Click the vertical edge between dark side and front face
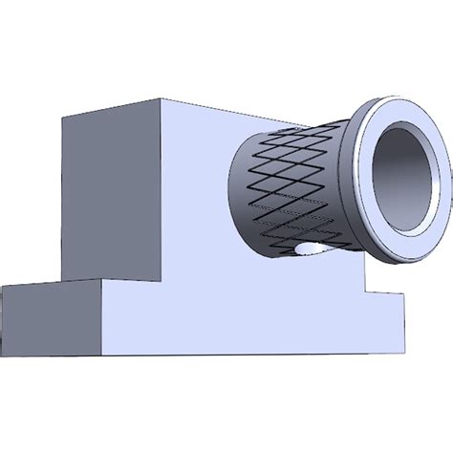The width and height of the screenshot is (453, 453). [160, 191]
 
